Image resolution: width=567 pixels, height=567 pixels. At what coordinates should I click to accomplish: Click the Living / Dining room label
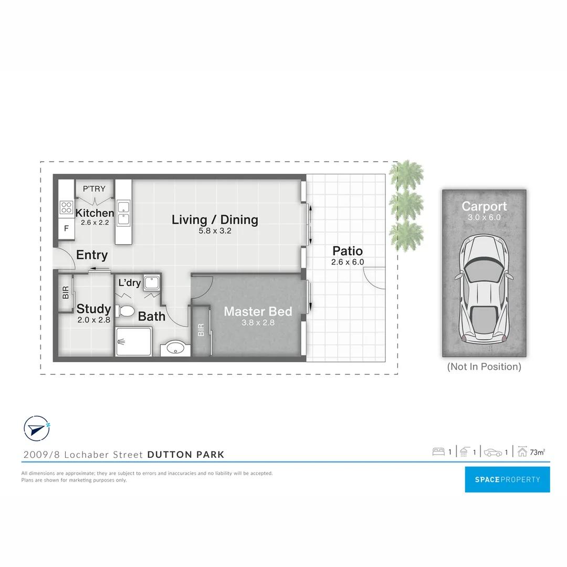click(215, 219)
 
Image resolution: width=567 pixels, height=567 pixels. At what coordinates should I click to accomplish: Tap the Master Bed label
click(258, 311)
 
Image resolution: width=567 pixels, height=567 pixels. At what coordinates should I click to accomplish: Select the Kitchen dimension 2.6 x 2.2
click(94, 223)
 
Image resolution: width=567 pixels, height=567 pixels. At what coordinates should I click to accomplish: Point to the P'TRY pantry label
click(94, 189)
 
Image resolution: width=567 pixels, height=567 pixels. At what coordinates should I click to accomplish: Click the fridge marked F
click(66, 229)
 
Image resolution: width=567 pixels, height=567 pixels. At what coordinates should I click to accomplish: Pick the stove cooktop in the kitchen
click(66, 207)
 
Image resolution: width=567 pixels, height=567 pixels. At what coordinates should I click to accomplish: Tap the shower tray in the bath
click(133, 341)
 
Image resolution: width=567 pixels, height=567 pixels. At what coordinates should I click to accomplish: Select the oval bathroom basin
click(174, 348)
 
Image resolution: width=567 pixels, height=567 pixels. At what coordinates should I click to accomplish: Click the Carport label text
click(484, 206)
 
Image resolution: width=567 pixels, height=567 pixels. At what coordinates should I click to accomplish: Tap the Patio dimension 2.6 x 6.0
click(348, 262)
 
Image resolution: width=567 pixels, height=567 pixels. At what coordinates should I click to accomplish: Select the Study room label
click(93, 309)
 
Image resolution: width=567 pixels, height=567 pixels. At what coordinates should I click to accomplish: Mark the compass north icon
click(37, 428)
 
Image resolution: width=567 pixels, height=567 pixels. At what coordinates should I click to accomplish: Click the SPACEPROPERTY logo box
click(507, 479)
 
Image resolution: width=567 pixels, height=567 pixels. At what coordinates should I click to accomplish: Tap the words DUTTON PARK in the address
click(186, 455)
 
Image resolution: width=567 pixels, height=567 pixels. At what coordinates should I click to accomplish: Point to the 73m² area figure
click(537, 452)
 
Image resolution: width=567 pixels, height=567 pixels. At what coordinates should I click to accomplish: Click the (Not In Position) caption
click(484, 367)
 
